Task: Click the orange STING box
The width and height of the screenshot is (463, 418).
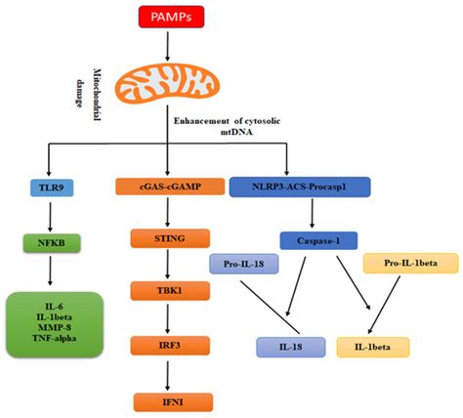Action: click(x=169, y=235)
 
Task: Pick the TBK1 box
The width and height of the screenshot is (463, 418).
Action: click(x=169, y=290)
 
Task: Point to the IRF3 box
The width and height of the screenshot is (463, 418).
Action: click(x=169, y=345)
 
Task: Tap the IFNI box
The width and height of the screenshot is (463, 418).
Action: click(x=169, y=398)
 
